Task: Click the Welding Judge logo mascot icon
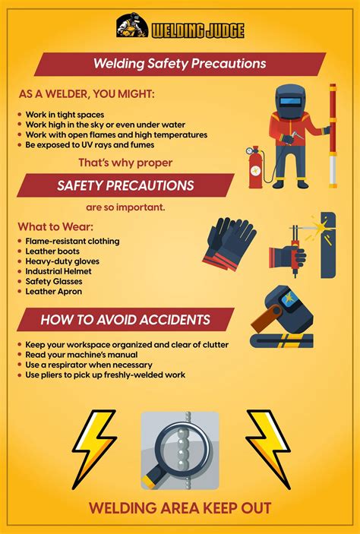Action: point(131,27)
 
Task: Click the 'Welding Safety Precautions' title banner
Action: point(179,64)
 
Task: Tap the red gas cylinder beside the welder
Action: point(255,167)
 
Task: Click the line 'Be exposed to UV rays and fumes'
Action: point(90,144)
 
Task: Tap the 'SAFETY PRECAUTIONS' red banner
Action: point(125,185)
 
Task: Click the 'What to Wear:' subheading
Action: point(55,227)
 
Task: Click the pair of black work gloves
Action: point(230,242)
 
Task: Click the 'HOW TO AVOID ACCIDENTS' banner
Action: point(125,320)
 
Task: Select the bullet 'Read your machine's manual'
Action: point(81,355)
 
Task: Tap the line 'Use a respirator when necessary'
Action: point(88,365)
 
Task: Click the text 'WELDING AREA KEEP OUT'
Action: point(180,508)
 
